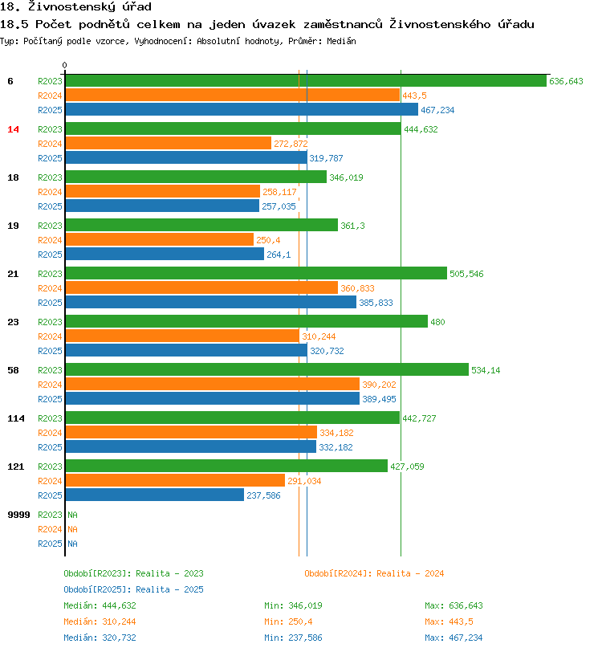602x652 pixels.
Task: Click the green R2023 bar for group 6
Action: pyautogui.click(x=305, y=80)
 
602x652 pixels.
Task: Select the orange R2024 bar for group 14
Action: pyautogui.click(x=169, y=143)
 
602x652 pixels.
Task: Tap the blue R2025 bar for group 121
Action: pyautogui.click(x=154, y=495)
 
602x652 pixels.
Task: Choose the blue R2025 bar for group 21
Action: pyautogui.click(x=210, y=302)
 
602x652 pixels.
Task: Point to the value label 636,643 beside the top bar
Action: pyautogui.click(x=566, y=81)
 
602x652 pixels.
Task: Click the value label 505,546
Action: pyautogui.click(x=466, y=274)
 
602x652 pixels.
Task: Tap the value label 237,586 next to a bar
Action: pyautogui.click(x=263, y=495)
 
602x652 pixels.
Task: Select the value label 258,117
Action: pyautogui.click(x=279, y=192)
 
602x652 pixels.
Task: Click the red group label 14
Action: pyautogui.click(x=13, y=129)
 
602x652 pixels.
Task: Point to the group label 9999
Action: pyautogui.click(x=18, y=514)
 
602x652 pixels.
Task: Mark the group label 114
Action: pyautogui.click(x=15, y=418)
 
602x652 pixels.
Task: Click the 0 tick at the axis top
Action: pyautogui.click(x=65, y=65)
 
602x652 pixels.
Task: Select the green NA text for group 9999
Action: pyautogui.click(x=72, y=515)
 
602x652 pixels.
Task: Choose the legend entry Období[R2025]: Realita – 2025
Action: pyautogui.click(x=133, y=589)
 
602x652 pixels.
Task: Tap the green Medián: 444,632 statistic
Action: pyautogui.click(x=100, y=605)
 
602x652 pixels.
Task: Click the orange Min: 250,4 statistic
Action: pyautogui.click(x=288, y=621)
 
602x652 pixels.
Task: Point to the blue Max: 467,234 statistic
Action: pyautogui.click(x=454, y=638)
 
